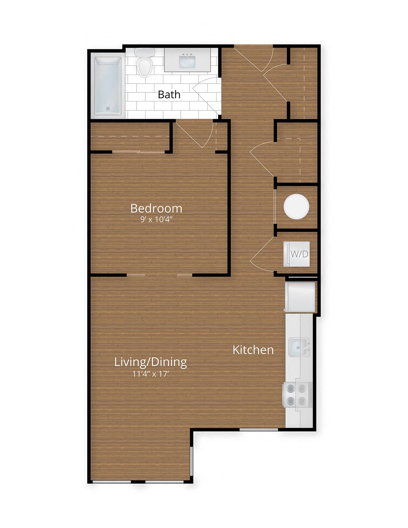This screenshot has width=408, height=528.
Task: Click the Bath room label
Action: click(x=169, y=94)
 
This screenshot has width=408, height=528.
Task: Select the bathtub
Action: click(x=108, y=86)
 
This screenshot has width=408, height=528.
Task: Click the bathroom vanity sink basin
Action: click(x=187, y=62)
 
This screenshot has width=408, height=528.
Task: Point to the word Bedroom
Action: click(x=156, y=208)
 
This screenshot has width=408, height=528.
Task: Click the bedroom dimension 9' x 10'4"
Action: click(x=156, y=220)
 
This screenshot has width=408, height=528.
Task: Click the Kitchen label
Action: click(x=253, y=350)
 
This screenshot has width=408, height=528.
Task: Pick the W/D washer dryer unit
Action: click(x=298, y=254)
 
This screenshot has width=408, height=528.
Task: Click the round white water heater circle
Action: click(x=297, y=207)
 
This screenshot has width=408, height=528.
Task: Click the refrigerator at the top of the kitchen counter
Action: click(x=300, y=297)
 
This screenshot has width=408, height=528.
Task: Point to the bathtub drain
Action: click(x=108, y=109)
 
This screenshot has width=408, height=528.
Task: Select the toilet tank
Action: click(x=145, y=52)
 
